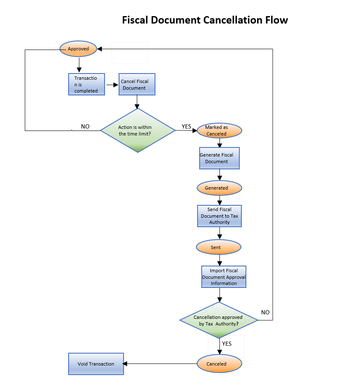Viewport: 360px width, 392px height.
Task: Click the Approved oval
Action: tap(79, 49)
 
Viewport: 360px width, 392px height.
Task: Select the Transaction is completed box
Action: tap(86, 84)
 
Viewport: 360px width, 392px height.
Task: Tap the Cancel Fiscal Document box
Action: tap(137, 85)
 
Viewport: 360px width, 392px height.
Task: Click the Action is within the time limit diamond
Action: tap(138, 131)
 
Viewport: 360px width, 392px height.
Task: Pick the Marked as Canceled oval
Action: tap(219, 131)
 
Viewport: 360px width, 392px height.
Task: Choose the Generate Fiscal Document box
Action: tap(219, 158)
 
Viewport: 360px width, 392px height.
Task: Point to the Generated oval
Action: tap(219, 188)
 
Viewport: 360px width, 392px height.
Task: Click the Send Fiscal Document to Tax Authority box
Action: tap(219, 216)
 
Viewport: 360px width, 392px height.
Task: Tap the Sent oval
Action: tap(218, 247)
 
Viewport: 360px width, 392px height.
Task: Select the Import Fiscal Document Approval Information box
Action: tap(224, 277)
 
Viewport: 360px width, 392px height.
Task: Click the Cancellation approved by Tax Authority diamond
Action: tap(219, 321)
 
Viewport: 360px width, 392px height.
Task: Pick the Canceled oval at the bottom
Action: tap(219, 364)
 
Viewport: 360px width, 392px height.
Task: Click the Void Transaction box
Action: tap(96, 364)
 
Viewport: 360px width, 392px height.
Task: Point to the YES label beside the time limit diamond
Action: tap(186, 126)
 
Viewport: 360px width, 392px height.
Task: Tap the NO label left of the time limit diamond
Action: tap(85, 126)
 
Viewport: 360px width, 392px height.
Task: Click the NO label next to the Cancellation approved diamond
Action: tap(265, 312)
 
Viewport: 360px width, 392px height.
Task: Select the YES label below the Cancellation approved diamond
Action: tap(226, 344)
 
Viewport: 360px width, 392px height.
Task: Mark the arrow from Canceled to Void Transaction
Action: tap(159, 364)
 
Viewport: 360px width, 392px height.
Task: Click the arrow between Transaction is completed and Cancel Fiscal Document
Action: tap(112, 84)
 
